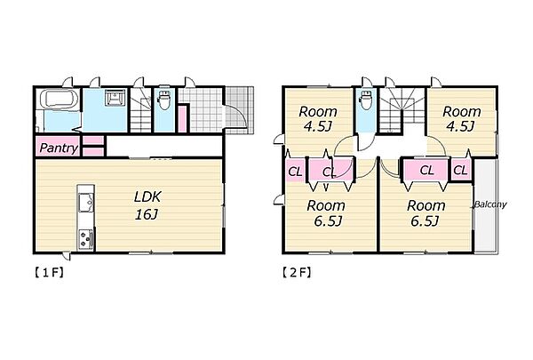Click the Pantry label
point(59,148)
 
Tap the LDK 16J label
point(147,205)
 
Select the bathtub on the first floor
point(60,100)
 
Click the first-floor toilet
point(164,99)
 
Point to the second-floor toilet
point(366,99)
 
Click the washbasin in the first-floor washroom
point(115,97)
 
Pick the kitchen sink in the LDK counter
point(86,202)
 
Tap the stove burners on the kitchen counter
point(85,240)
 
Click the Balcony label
point(490,204)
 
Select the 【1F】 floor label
point(49,273)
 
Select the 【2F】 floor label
point(297,273)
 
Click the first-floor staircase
point(140,110)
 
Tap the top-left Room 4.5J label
point(318,119)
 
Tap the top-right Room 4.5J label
point(462,119)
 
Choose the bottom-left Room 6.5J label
point(326,213)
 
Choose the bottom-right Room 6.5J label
point(426,213)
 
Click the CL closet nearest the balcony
point(460,170)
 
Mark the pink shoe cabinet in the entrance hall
point(182,119)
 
